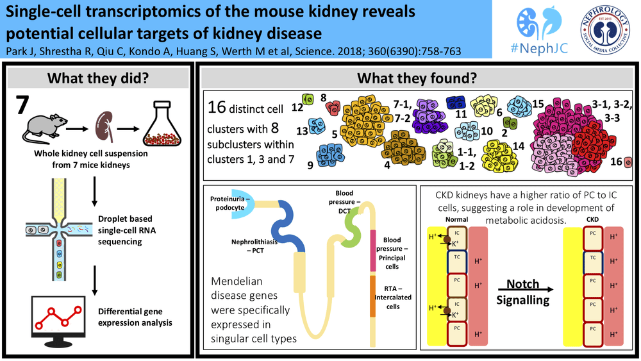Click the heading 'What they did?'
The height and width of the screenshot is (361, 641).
pyautogui.click(x=100, y=79)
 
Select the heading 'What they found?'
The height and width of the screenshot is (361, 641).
pyautogui.click(x=416, y=79)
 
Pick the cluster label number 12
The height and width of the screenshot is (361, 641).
pyautogui.click(x=296, y=108)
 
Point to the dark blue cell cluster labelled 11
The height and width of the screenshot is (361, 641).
pyautogui.click(x=455, y=103)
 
